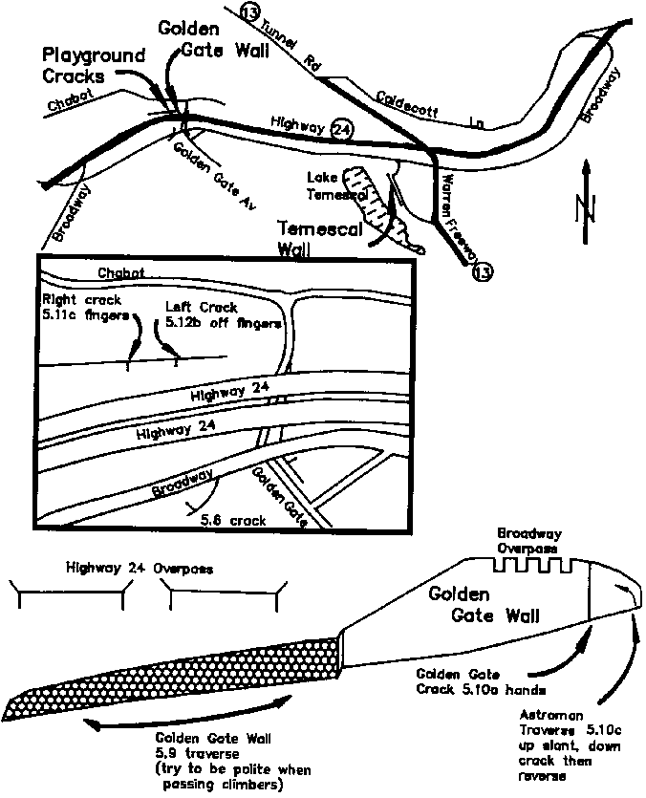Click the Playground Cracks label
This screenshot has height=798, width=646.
[x=93, y=65]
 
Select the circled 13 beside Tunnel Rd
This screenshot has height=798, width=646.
[x=251, y=12]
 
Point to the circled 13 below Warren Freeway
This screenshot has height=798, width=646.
[x=483, y=273]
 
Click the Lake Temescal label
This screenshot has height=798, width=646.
[x=330, y=185]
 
